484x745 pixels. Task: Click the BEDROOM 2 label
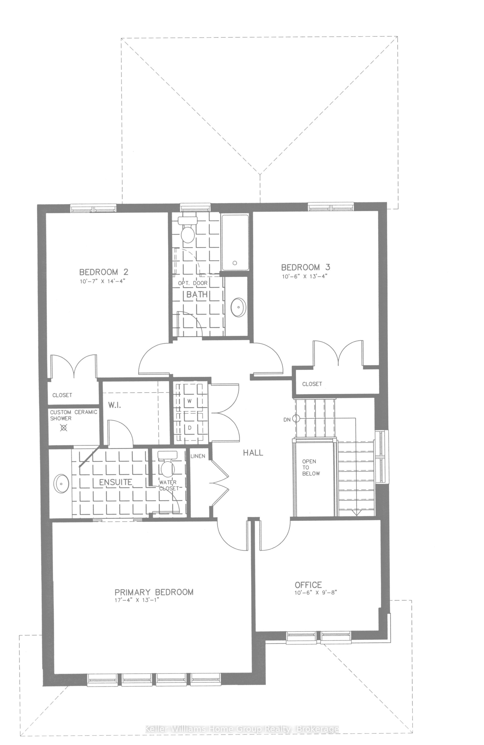coord(103,271)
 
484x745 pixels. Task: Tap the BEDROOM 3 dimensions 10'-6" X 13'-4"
coord(306,276)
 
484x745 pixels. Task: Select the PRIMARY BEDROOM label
coord(154,592)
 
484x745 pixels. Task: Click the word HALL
coord(253,453)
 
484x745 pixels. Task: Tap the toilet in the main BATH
coord(188,233)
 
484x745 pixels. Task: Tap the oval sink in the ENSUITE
coord(62,484)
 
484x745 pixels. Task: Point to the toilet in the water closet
coord(168,468)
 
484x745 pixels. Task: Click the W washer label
coord(189,401)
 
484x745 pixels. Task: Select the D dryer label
coord(189,427)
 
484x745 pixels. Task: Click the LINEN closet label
coord(198,456)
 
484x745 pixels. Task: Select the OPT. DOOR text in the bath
coord(193,283)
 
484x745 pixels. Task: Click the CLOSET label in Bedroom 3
coord(312,384)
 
